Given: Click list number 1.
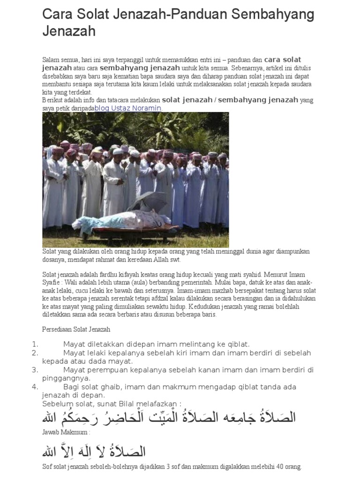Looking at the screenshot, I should click(35, 344).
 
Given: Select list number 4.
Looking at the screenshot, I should click(35, 387).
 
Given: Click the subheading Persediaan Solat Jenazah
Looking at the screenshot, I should click(76, 330).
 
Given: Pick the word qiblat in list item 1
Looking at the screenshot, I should click(238, 344).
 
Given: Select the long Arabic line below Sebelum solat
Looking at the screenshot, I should click(169, 417).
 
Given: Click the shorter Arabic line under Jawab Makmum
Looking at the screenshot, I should click(94, 451).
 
